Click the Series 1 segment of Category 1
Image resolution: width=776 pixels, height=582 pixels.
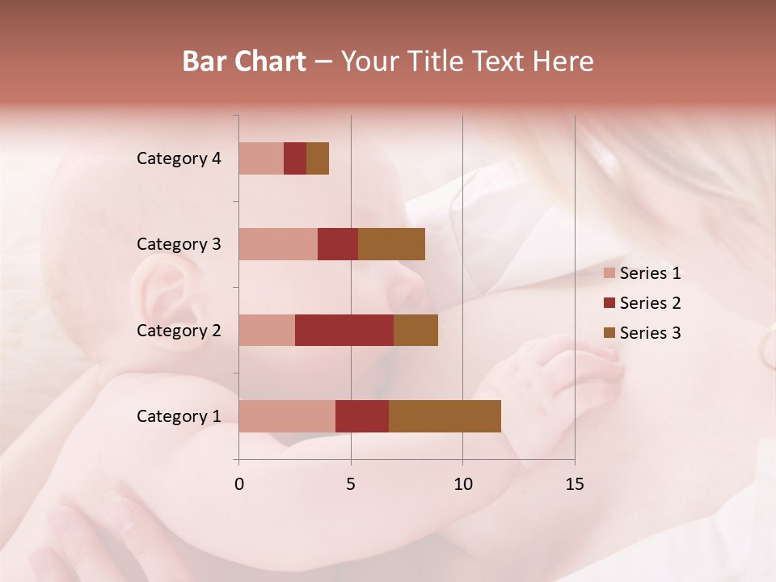point(287,416)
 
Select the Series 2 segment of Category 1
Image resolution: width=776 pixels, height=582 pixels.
point(362,416)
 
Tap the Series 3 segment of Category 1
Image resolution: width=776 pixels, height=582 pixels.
point(445,416)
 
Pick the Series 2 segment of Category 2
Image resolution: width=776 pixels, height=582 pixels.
point(344,330)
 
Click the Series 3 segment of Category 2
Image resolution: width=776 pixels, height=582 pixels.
point(415,330)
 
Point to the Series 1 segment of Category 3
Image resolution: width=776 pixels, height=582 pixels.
point(278,244)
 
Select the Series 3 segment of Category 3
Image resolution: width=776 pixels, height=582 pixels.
point(391,244)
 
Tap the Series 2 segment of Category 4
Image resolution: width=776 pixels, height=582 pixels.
point(295,158)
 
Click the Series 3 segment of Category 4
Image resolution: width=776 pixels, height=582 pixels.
point(318,158)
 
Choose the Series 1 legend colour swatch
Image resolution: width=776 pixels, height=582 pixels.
point(609,273)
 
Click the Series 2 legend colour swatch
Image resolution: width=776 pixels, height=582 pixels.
point(609,303)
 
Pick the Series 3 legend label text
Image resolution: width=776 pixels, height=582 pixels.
point(650,333)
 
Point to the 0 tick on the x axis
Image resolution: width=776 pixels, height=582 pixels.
point(239,484)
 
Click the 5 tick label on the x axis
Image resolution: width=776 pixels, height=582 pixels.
point(351,484)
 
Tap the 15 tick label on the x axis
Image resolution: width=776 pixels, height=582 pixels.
point(574,484)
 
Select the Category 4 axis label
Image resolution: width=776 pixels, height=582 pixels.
point(179,158)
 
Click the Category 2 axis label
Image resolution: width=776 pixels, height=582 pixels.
point(179,330)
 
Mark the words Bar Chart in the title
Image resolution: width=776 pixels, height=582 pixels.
point(244,61)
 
